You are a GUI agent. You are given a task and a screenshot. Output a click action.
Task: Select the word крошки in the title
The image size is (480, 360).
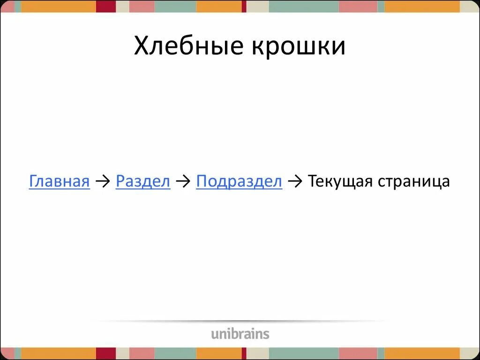pyautogui.click(x=298, y=47)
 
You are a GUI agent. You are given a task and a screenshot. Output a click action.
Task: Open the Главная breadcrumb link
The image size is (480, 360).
pyautogui.click(x=59, y=181)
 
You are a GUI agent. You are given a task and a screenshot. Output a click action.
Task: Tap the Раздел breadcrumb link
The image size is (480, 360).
pyautogui.click(x=143, y=181)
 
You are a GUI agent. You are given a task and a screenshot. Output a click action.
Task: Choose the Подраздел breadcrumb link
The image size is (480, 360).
pyautogui.click(x=239, y=181)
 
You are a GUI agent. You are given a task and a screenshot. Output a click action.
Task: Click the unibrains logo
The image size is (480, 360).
pyautogui.click(x=240, y=334)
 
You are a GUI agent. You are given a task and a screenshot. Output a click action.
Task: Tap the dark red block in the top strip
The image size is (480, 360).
pyautogui.click(x=106, y=6)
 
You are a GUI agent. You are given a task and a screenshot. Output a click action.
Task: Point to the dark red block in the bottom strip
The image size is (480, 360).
pyautogui.click(x=106, y=353)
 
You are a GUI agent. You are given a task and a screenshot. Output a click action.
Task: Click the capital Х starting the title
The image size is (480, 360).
pyautogui.click(x=142, y=47)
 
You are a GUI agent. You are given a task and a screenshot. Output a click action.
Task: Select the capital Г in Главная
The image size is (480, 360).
pyautogui.click(x=33, y=181)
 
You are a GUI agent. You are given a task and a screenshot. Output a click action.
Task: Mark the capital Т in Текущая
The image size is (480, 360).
pyautogui.click(x=313, y=181)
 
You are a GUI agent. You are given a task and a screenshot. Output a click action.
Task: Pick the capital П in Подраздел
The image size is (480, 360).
pyautogui.click(x=201, y=181)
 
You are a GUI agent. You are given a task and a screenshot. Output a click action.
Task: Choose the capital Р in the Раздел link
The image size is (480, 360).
pyautogui.click(x=120, y=181)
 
